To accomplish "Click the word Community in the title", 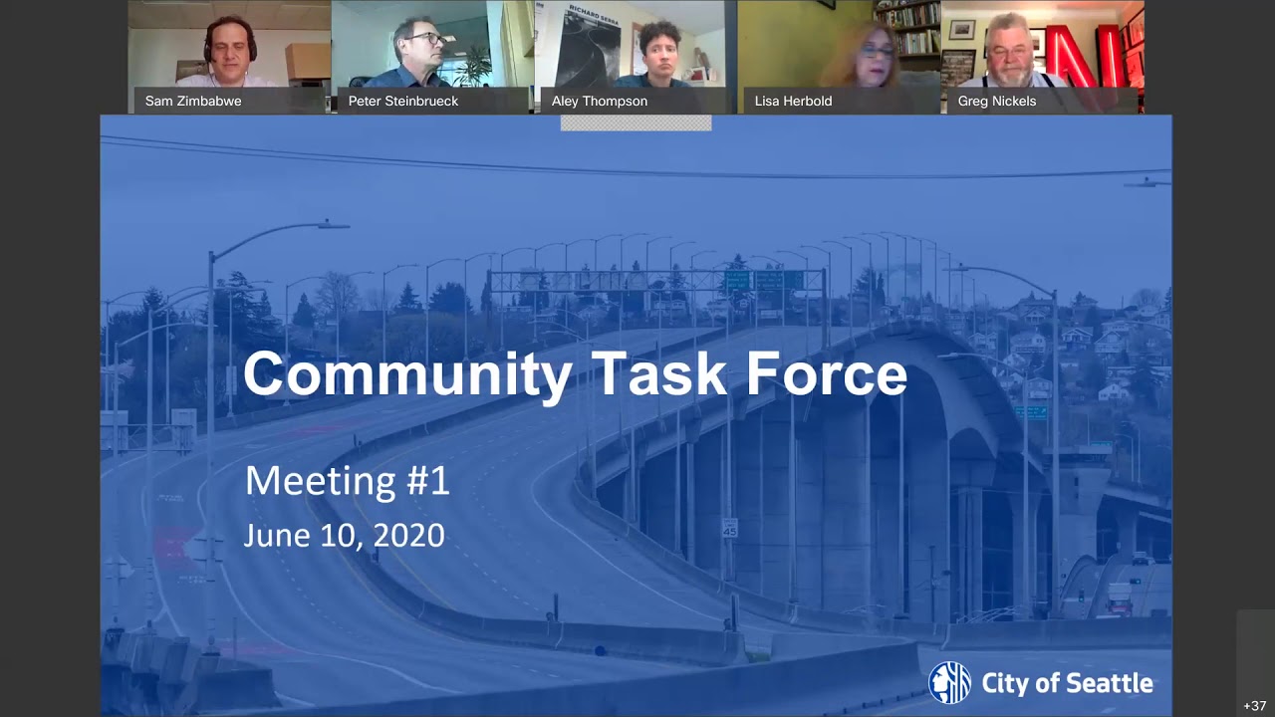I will click(x=407, y=374).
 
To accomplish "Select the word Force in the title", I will click(x=826, y=374).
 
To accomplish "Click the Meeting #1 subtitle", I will click(x=347, y=481).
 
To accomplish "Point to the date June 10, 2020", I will click(x=344, y=536).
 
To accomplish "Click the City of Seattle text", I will click(x=1067, y=683).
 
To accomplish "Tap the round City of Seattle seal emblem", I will click(x=949, y=682).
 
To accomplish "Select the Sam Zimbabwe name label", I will click(x=193, y=101).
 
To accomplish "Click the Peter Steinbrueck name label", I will click(x=403, y=101).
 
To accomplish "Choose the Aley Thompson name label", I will click(x=600, y=101).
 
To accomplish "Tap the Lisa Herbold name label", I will click(x=793, y=101).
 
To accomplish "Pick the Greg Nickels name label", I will click(x=997, y=101).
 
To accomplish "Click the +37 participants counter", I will click(x=1254, y=706).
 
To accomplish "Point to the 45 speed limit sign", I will click(x=730, y=528).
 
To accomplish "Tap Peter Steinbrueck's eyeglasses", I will click(x=428, y=39).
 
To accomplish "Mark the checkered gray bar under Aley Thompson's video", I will click(x=636, y=123).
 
